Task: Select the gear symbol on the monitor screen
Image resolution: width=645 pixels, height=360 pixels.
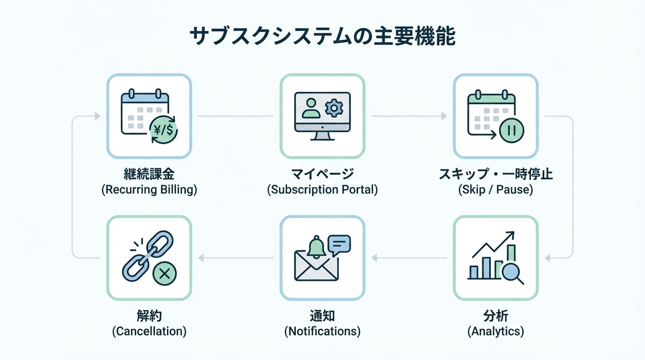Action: click(x=334, y=108)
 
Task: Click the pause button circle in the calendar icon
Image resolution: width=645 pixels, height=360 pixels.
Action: click(x=511, y=130)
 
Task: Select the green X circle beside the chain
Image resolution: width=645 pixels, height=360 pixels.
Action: click(x=164, y=273)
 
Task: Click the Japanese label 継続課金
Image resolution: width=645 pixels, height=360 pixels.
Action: click(x=149, y=174)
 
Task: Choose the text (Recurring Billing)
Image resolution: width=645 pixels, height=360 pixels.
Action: click(x=149, y=190)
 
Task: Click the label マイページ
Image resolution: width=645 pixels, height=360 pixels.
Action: click(x=322, y=174)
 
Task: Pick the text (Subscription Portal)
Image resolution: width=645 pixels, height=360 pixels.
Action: click(x=322, y=190)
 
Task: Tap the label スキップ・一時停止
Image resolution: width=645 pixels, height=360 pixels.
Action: click(x=495, y=174)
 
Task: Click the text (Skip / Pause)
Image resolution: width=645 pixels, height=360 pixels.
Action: click(x=495, y=190)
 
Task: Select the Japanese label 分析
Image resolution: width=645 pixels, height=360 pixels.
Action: click(x=495, y=316)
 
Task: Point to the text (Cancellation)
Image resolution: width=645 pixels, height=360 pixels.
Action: click(x=149, y=331)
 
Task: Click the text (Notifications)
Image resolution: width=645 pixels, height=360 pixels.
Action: click(x=322, y=331)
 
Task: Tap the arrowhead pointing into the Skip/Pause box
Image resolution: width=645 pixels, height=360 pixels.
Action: click(x=444, y=116)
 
